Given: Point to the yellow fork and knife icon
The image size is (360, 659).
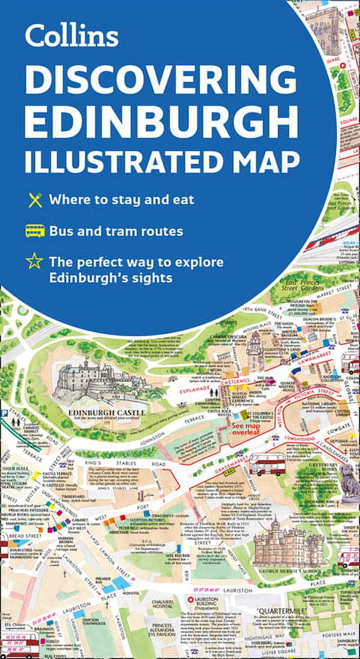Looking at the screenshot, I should (35, 199).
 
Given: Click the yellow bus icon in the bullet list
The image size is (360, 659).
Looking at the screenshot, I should (35, 231).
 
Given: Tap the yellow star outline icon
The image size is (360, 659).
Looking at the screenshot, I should (35, 262).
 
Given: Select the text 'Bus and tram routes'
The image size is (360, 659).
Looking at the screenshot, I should (116, 231).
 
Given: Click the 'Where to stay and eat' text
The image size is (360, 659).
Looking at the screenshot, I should (122, 199).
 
